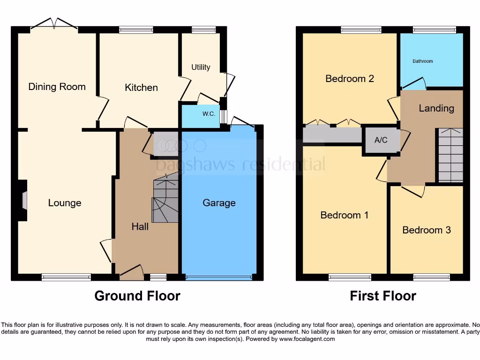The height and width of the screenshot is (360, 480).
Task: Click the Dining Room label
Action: (57, 87)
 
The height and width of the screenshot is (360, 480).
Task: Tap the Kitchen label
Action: (141, 88)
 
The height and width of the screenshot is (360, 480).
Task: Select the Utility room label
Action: (201, 67)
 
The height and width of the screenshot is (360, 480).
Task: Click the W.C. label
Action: (209, 114)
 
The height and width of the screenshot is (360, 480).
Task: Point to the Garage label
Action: (219, 203)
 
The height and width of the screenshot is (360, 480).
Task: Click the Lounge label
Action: (65, 203)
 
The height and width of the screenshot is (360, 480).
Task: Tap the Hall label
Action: (140, 227)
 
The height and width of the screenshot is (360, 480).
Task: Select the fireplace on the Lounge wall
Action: (23, 201)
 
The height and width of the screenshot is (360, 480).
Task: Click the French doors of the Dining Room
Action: (54, 23)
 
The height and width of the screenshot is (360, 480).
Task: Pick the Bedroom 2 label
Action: (350, 78)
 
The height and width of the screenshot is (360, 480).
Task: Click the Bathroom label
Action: (423, 61)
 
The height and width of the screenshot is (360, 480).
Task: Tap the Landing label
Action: (436, 108)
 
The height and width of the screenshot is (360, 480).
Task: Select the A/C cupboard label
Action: (381, 140)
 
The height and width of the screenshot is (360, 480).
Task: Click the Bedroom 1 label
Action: (345, 215)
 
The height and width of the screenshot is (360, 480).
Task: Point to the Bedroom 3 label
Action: (427, 230)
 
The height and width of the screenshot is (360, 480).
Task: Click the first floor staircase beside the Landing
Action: (450, 155)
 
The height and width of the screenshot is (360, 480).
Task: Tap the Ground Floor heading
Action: (137, 296)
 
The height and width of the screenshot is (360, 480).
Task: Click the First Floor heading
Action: (383, 296)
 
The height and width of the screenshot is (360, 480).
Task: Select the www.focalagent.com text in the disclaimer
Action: (307, 339)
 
